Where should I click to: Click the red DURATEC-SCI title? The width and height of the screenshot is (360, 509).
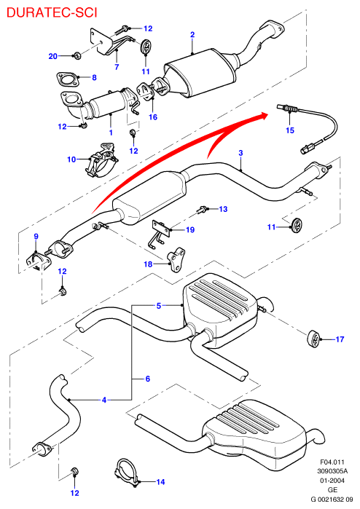[52, 12]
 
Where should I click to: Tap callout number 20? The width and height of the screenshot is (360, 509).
[53, 56]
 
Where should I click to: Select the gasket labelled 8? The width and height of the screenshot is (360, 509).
[67, 80]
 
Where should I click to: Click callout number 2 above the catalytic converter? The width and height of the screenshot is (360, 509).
[192, 34]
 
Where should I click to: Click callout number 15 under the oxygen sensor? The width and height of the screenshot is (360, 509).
[290, 130]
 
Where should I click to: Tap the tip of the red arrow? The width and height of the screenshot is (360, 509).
[267, 114]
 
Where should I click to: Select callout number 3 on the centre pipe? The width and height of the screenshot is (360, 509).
[240, 153]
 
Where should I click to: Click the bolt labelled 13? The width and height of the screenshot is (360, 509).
[202, 210]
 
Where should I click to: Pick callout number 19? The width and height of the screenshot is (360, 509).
[190, 230]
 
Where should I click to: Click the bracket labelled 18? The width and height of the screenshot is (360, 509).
[176, 260]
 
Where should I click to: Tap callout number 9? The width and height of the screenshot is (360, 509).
[36, 237]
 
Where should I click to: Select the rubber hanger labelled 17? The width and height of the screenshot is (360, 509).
[313, 340]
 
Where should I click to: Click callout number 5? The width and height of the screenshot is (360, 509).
[159, 305]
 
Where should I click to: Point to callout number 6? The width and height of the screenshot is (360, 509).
[147, 379]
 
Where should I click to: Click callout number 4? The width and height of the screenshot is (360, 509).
[104, 400]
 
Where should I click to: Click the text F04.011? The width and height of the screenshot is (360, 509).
[332, 462]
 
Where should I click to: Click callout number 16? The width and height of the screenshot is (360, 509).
[153, 117]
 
